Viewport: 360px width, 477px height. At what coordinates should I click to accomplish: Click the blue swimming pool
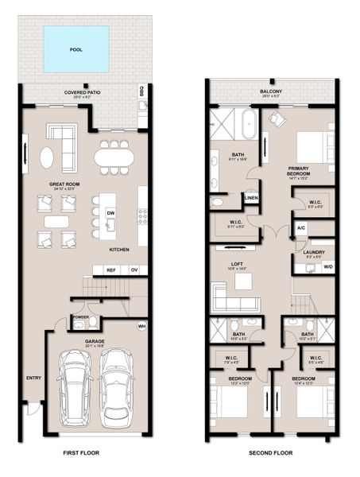(x=75, y=47)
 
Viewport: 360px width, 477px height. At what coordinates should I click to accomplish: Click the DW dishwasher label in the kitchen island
(x=110, y=213)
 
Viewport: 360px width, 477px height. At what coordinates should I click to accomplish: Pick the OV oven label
(x=134, y=270)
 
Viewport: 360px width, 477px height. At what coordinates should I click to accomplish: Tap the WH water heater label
(x=141, y=326)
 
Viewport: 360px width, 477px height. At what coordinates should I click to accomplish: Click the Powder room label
(x=81, y=316)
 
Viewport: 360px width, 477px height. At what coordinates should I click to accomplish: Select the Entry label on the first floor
(x=33, y=378)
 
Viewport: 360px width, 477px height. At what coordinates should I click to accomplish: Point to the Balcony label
(x=270, y=91)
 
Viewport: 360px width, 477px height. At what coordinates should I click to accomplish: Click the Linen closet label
(x=250, y=197)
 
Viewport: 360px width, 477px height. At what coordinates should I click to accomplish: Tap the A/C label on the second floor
(x=300, y=228)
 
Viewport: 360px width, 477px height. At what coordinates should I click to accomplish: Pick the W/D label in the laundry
(x=327, y=266)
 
